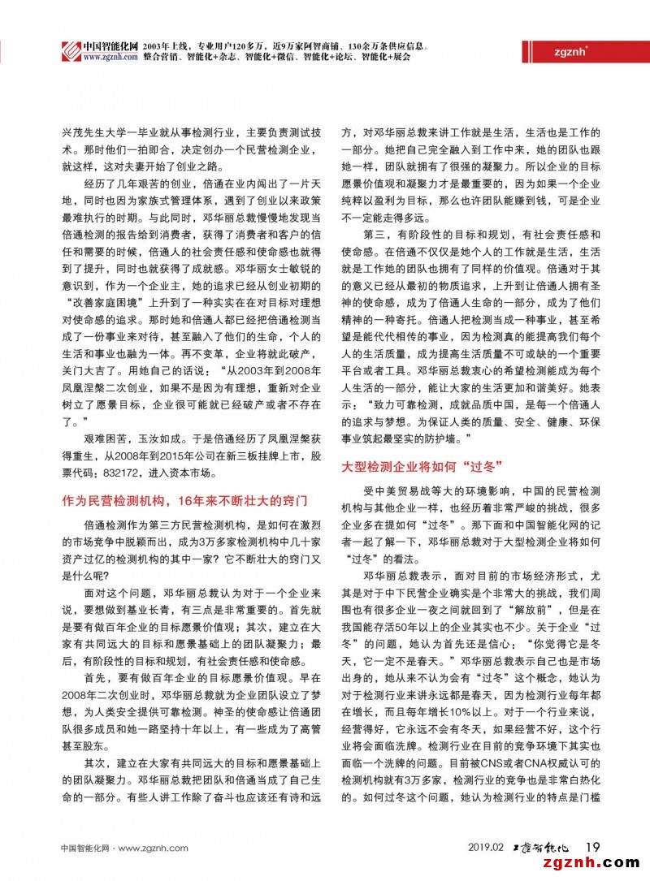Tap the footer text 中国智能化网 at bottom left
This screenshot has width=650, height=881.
(x=84, y=848)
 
